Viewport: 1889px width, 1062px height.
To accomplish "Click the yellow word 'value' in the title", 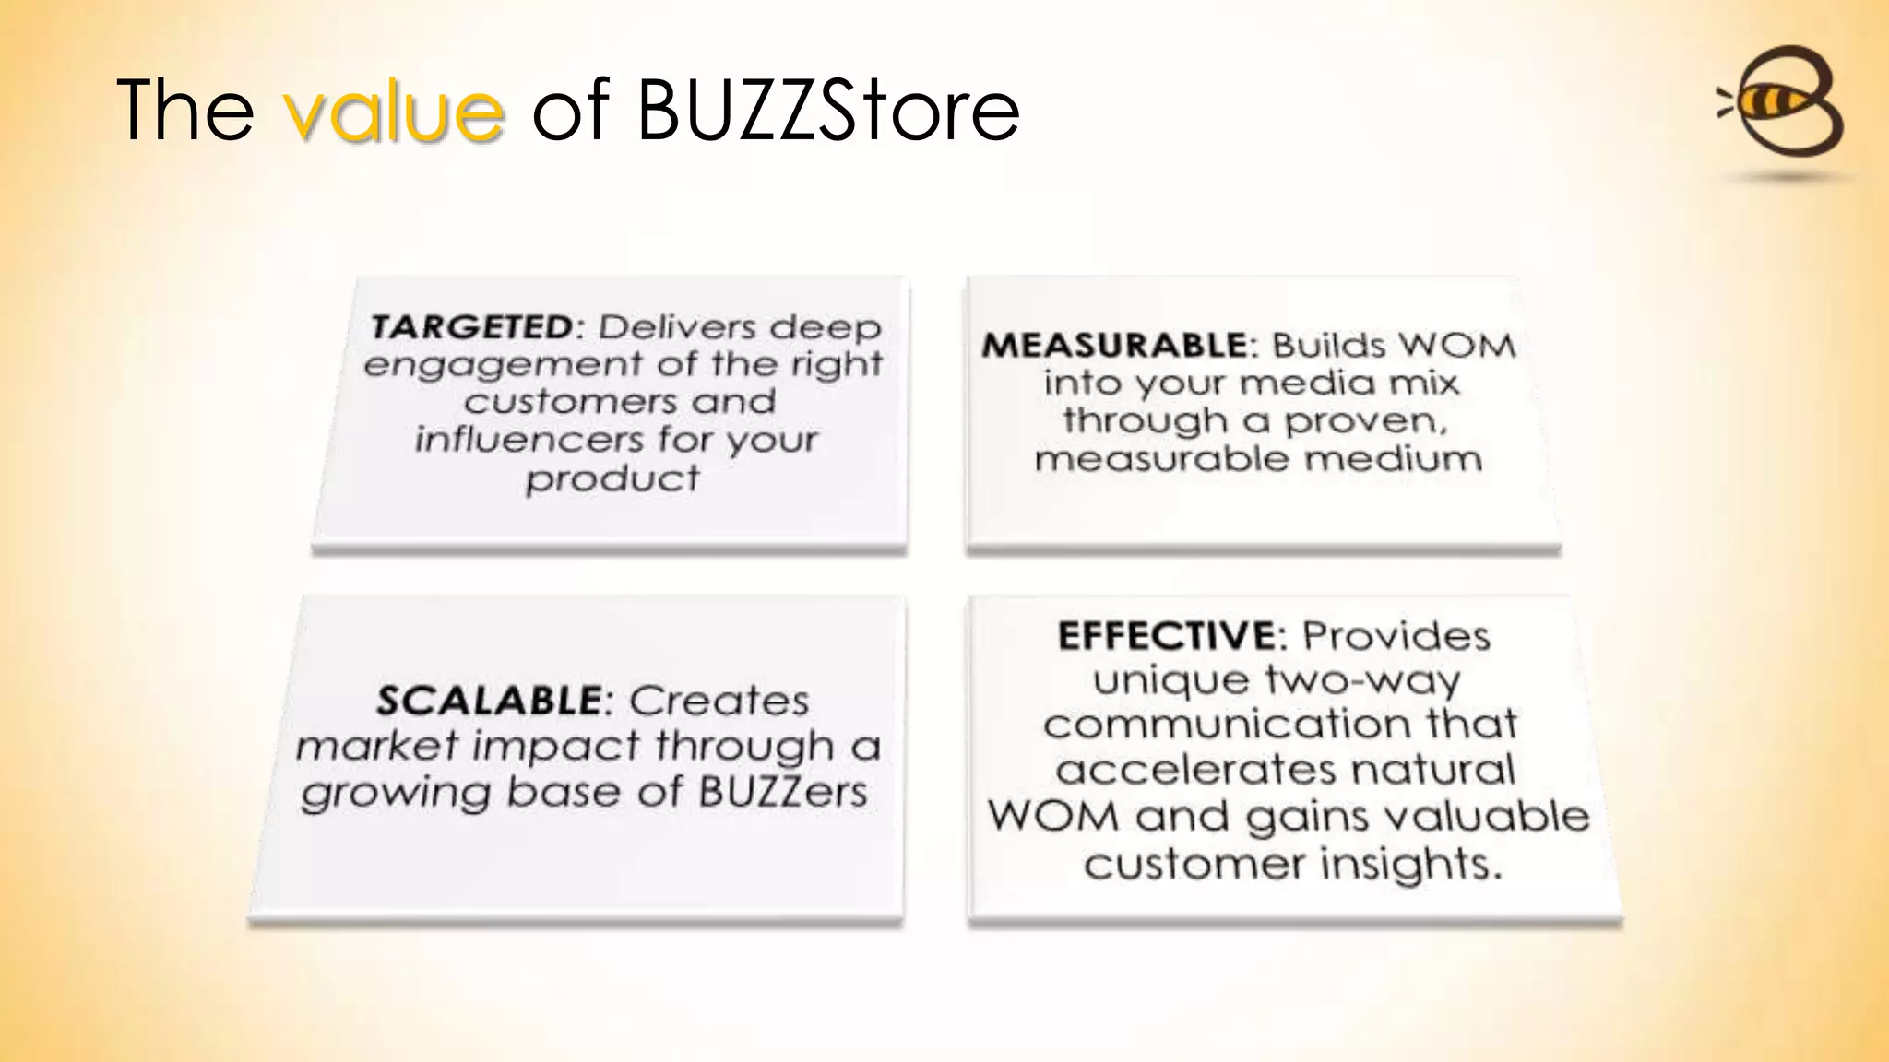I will click(394, 111).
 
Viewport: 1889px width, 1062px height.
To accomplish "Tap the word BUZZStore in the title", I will click(827, 111).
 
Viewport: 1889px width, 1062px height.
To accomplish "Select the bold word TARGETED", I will click(472, 327).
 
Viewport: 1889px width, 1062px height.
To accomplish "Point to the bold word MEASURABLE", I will click(1114, 346).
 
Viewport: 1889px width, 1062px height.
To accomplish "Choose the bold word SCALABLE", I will click(489, 702).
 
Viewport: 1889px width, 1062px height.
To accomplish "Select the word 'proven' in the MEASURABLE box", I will click(1365, 421).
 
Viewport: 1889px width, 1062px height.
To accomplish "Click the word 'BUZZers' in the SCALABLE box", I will click(782, 792).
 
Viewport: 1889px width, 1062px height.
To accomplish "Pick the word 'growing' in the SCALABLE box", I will click(395, 794).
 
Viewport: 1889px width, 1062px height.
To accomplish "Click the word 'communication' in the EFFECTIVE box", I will click(1227, 725).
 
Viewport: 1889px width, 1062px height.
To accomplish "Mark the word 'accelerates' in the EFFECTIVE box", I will click(1195, 770).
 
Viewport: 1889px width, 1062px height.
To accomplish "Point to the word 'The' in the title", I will click(185, 111).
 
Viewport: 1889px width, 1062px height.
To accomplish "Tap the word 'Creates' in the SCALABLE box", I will click(719, 702).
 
